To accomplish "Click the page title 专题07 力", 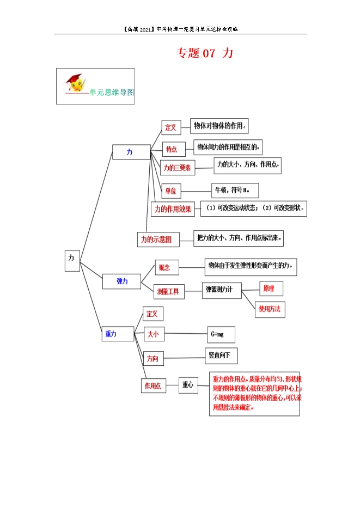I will pyautogui.click(x=205, y=53).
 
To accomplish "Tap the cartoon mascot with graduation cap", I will pyautogui.click(x=76, y=83).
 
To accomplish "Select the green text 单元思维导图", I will pyautogui.click(x=111, y=93).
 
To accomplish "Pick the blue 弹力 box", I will pyautogui.click(x=121, y=281).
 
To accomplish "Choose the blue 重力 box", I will pyautogui.click(x=111, y=334).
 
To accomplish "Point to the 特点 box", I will pyautogui.click(x=172, y=149).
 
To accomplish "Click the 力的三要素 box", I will pyautogui.click(x=177, y=168).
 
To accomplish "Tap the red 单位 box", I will pyautogui.click(x=170, y=191).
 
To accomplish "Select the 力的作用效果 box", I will pyautogui.click(x=173, y=209).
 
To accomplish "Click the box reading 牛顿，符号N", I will pyautogui.click(x=235, y=190).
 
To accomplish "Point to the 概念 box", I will pyautogui.click(x=164, y=267).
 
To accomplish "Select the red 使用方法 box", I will pyautogui.click(x=270, y=309).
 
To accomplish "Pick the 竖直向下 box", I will pyautogui.click(x=221, y=355).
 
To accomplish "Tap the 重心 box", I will pyautogui.click(x=188, y=384).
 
